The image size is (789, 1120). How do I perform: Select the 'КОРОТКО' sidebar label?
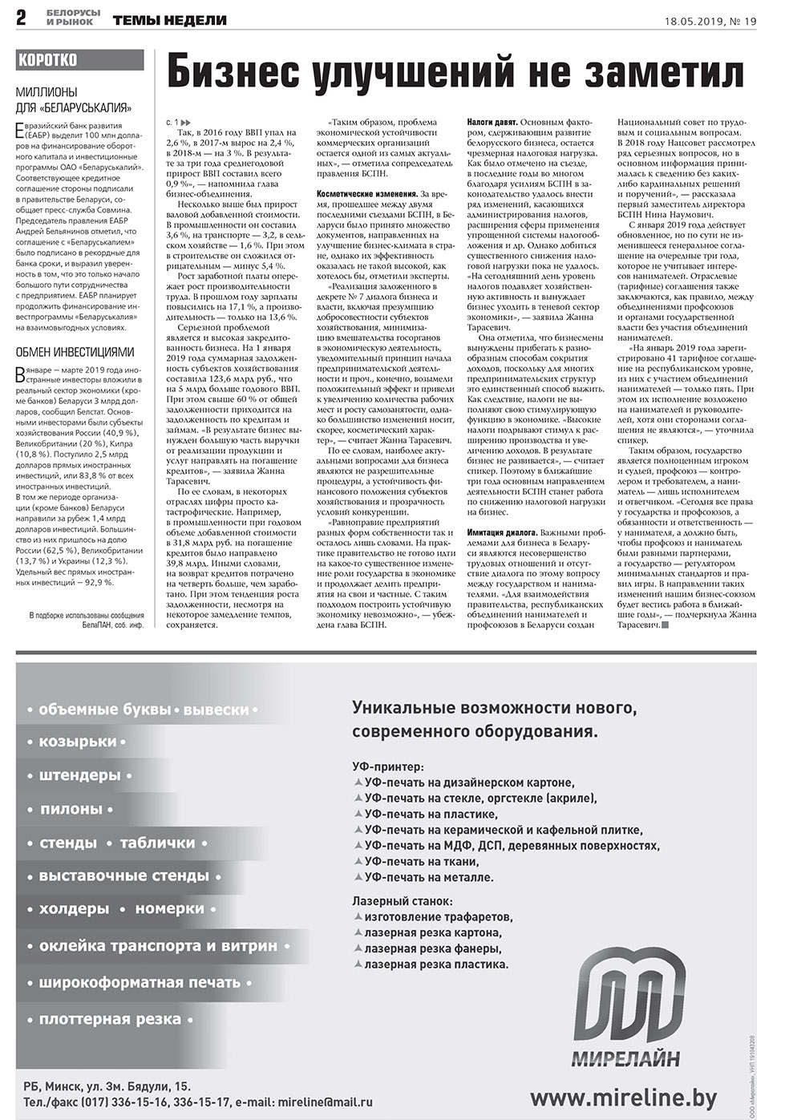click(48, 60)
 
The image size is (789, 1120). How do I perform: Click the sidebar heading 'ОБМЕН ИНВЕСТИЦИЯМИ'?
click(75, 352)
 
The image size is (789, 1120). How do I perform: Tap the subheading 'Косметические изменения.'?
click(366, 194)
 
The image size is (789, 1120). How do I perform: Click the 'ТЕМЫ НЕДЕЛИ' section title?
click(169, 21)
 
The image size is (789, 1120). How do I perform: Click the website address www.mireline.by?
click(623, 1097)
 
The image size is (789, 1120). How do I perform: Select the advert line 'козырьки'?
click(78, 742)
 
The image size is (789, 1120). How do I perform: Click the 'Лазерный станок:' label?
click(402, 900)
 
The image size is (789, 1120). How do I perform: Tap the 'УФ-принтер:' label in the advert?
click(388, 766)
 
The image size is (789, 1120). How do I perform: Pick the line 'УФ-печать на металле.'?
click(428, 877)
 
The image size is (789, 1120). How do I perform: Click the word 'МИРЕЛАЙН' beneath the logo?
click(625, 1058)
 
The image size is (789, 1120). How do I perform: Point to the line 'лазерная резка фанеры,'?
click(432, 948)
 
